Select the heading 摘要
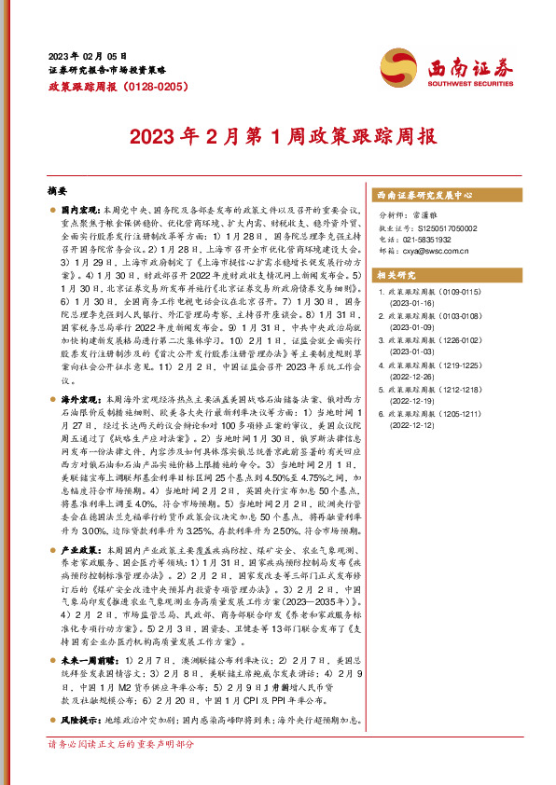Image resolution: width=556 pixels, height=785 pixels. click(x=58, y=189)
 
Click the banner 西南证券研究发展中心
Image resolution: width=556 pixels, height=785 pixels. click(x=424, y=196)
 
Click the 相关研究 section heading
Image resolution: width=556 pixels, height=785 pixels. click(x=396, y=275)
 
